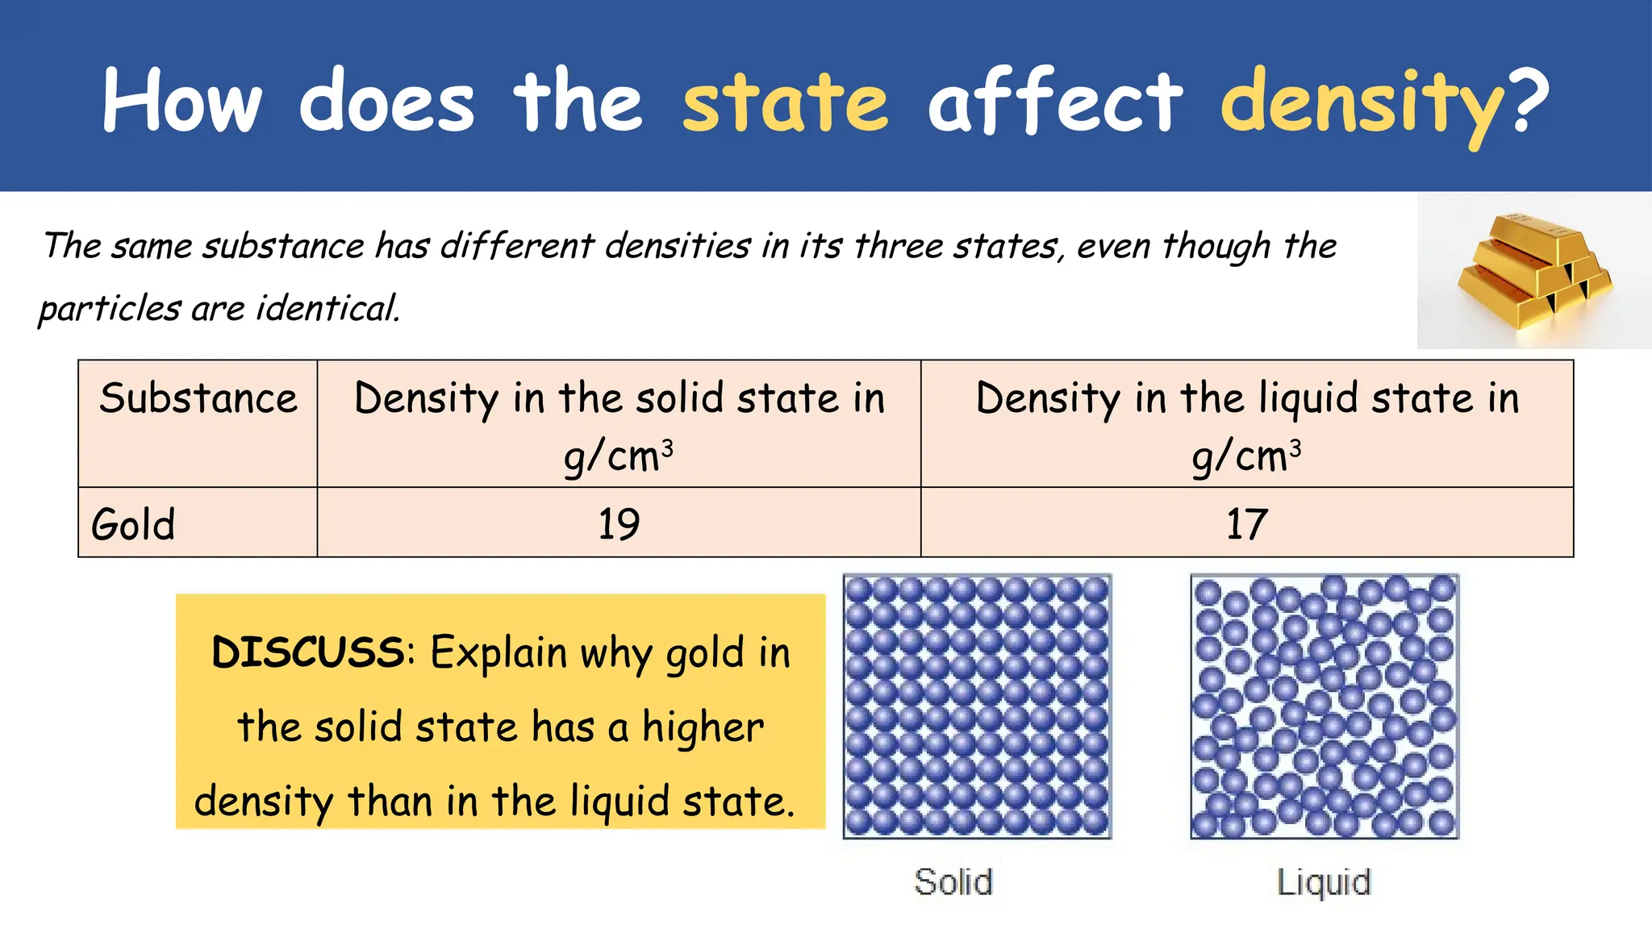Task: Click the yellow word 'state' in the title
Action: pyautogui.click(x=785, y=102)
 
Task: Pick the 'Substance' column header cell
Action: pyautogui.click(x=198, y=399)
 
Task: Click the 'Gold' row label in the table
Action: pyautogui.click(x=133, y=524)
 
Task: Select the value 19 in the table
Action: pyautogui.click(x=619, y=524)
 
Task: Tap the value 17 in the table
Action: pyautogui.click(x=1246, y=524)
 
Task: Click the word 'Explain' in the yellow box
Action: pyautogui.click(x=499, y=653)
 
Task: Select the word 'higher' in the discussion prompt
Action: pyautogui.click(x=703, y=728)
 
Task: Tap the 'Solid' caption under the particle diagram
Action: pyautogui.click(x=953, y=881)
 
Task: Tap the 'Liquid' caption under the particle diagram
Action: pyautogui.click(x=1324, y=882)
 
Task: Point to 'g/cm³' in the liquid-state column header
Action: pyautogui.click(x=1246, y=457)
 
